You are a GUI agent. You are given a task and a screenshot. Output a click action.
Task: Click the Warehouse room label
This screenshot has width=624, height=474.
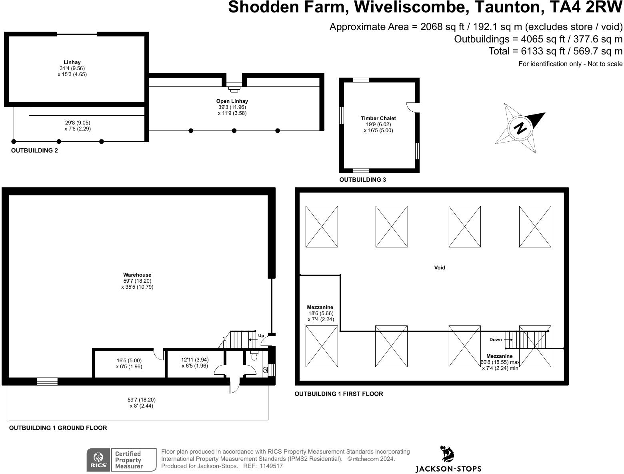tap(137, 275)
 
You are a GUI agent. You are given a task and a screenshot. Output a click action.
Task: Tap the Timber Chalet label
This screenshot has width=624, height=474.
tap(378, 118)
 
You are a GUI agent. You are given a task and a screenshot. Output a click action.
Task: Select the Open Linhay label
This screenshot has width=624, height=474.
tap(232, 101)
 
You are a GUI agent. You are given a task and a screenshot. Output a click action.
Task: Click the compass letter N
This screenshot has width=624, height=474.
tap(520, 128)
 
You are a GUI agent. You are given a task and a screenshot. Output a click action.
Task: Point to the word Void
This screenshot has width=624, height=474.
tap(440, 267)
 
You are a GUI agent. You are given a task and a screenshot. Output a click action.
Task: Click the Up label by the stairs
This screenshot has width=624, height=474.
tap(261, 335)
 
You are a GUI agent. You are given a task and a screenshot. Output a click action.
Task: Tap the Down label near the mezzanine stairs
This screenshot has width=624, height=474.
tap(495, 339)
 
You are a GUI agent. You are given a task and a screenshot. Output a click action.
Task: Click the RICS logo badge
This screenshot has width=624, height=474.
tap(98, 460)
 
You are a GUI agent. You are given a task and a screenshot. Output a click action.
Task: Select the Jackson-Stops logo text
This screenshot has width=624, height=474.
tap(448, 468)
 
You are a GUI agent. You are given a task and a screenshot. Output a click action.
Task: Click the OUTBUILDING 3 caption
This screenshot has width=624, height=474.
tap(362, 180)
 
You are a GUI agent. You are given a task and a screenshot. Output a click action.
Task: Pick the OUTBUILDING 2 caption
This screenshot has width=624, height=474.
tap(34, 151)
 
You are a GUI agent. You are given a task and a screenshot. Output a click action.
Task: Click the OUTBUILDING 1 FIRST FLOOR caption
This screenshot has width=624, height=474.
tap(338, 394)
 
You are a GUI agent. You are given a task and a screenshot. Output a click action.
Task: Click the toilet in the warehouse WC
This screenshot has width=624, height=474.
tap(254, 356)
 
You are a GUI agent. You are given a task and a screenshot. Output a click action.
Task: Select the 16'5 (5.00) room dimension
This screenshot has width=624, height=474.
tap(129, 360)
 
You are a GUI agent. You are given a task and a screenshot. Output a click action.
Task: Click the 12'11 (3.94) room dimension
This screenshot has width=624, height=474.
tap(195, 360)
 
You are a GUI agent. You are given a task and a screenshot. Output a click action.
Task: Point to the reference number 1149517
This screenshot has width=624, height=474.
tap(271, 466)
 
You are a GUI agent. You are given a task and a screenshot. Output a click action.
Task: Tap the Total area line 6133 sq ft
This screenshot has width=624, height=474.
tap(555, 51)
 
